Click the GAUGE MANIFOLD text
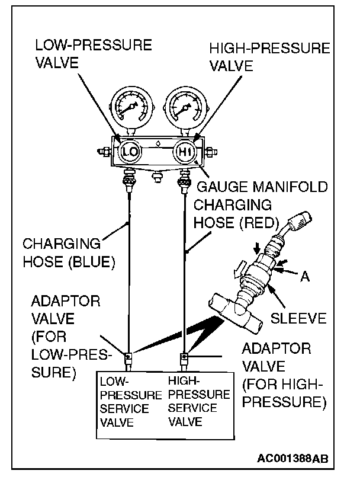[x=261, y=187]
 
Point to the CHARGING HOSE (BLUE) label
[x=61, y=252]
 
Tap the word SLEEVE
[x=298, y=318]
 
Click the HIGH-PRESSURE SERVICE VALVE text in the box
[x=198, y=401]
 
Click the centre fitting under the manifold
[x=156, y=176]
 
